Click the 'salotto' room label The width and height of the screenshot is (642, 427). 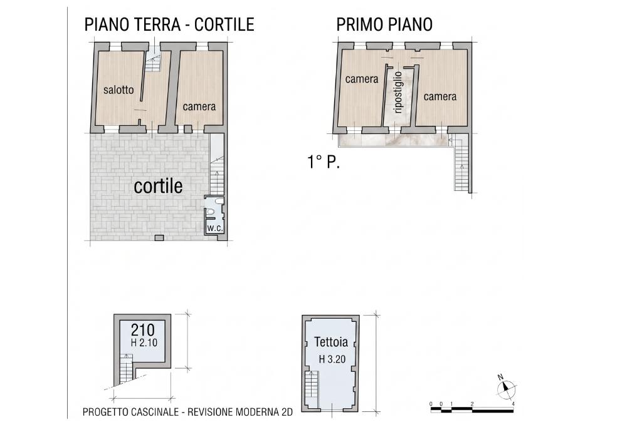pos(118,90)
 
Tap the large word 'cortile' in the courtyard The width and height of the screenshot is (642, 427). pos(158,186)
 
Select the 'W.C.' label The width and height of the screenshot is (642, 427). pos(214,229)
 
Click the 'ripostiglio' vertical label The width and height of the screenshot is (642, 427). pos(397,93)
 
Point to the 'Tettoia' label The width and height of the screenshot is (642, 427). pos(331,341)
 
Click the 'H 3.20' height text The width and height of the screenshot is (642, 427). pos(332,359)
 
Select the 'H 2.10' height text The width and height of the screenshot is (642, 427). pos(144,342)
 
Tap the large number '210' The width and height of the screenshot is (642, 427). pos(143,330)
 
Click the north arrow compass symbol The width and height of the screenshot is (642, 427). pos(506,387)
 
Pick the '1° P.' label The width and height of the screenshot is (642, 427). pos(324,162)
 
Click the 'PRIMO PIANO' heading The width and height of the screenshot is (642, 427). pos(384,24)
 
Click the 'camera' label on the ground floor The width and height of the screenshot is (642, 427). pos(199,106)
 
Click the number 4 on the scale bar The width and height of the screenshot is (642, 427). pos(513,404)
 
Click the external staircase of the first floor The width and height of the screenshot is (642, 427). pos(461,164)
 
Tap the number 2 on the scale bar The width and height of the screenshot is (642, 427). pos(472,404)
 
